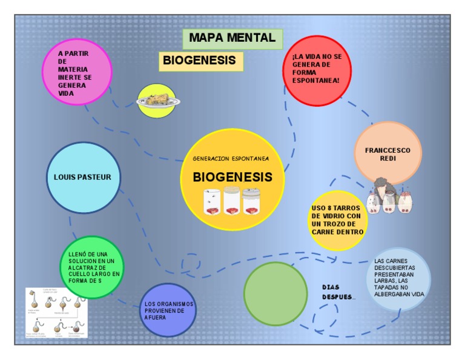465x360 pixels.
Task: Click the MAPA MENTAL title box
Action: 232,38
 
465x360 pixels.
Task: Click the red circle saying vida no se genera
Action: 317,70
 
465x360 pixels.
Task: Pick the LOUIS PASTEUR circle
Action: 83,178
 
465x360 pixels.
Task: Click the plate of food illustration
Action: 156,101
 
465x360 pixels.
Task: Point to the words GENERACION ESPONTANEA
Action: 231,159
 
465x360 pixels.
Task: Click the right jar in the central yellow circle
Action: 251,202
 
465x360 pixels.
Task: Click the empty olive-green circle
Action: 275,293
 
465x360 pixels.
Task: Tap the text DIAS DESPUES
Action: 338,292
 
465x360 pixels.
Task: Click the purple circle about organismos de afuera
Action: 168,310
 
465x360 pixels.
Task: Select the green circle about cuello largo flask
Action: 91,267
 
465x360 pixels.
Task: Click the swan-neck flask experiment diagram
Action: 56,313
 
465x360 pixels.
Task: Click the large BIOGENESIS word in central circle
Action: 232,178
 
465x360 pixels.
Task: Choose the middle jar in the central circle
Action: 232,202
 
